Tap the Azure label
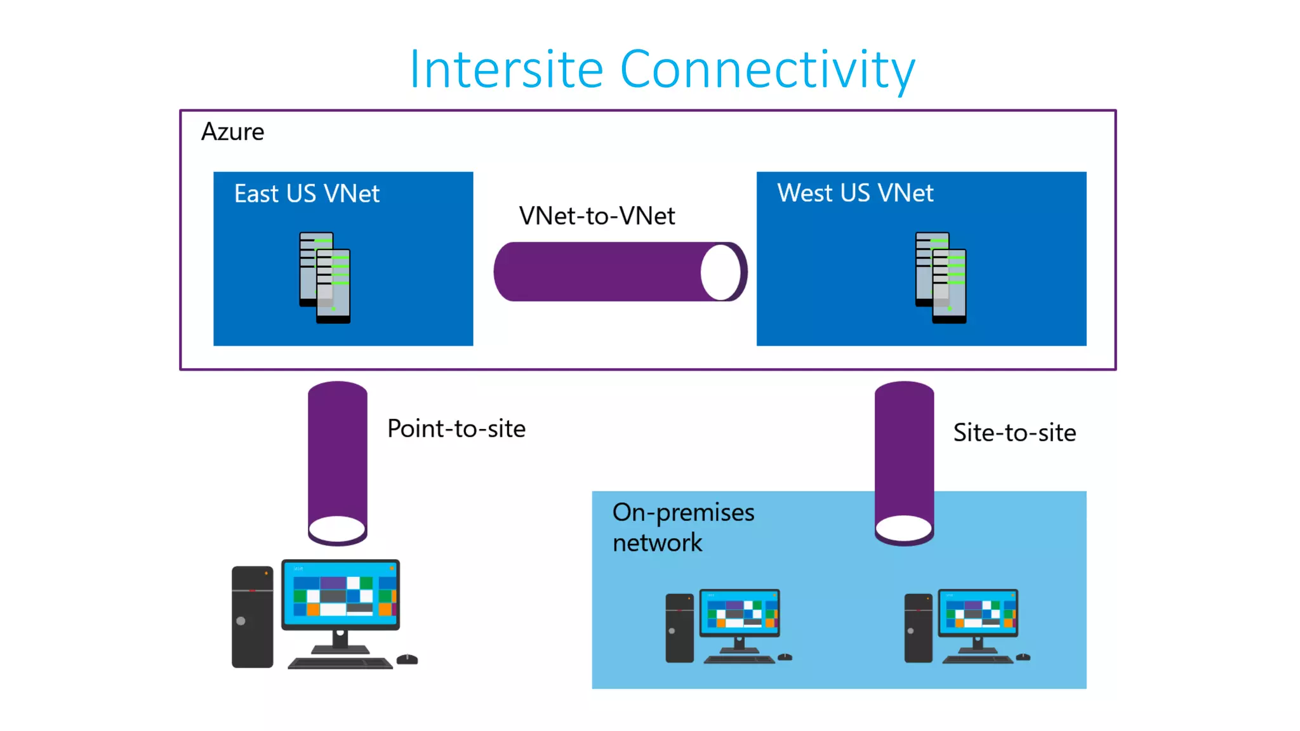232,132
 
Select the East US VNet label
307,194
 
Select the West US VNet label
855,193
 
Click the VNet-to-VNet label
597,216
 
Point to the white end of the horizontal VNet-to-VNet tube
720,272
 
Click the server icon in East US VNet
325,278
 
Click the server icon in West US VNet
941,278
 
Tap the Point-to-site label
456,429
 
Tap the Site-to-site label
1014,433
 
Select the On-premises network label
683,527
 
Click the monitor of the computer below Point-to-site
341,594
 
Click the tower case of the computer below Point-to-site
252,617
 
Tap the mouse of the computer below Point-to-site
407,659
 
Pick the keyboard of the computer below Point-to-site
340,663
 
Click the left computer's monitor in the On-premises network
740,613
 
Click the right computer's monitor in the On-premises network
978,613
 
